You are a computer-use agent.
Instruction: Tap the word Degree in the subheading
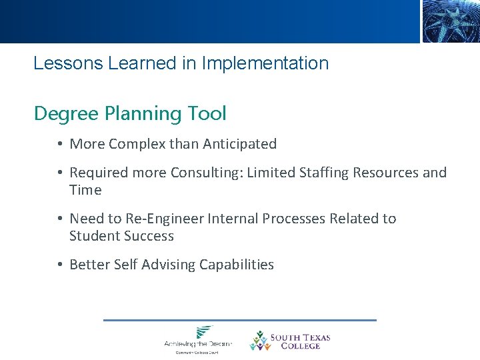pos(67,114)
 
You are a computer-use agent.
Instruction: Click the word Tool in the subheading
pos(207,114)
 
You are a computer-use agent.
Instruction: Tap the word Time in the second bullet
pos(85,190)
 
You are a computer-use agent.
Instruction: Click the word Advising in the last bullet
pos(163,265)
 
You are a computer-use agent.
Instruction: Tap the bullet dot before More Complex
pos(60,144)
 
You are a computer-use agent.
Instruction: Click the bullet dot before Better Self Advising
pos(60,265)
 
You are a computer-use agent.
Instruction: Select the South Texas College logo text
pos(300,341)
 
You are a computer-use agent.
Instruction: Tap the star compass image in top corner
pos(451,21)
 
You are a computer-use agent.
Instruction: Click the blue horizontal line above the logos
pos(240,320)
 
